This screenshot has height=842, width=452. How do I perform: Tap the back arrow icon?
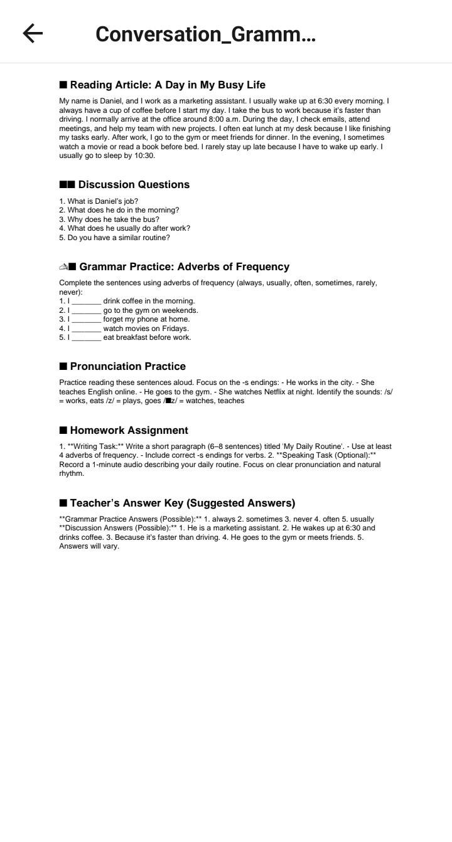(x=33, y=34)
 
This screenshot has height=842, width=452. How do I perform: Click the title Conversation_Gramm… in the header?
(x=205, y=34)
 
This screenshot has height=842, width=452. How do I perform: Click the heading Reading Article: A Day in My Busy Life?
(x=167, y=85)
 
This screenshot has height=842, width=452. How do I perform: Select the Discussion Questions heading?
(x=133, y=185)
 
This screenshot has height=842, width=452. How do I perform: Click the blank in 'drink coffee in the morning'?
(x=86, y=302)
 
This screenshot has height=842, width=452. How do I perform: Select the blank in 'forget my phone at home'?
(x=86, y=320)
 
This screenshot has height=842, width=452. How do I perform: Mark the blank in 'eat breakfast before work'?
(x=86, y=338)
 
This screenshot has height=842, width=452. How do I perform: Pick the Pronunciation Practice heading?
(x=127, y=367)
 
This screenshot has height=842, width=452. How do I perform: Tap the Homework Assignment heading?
(x=129, y=431)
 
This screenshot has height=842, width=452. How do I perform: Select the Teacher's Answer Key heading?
(x=182, y=503)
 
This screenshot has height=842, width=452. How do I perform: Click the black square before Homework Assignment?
(x=63, y=431)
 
